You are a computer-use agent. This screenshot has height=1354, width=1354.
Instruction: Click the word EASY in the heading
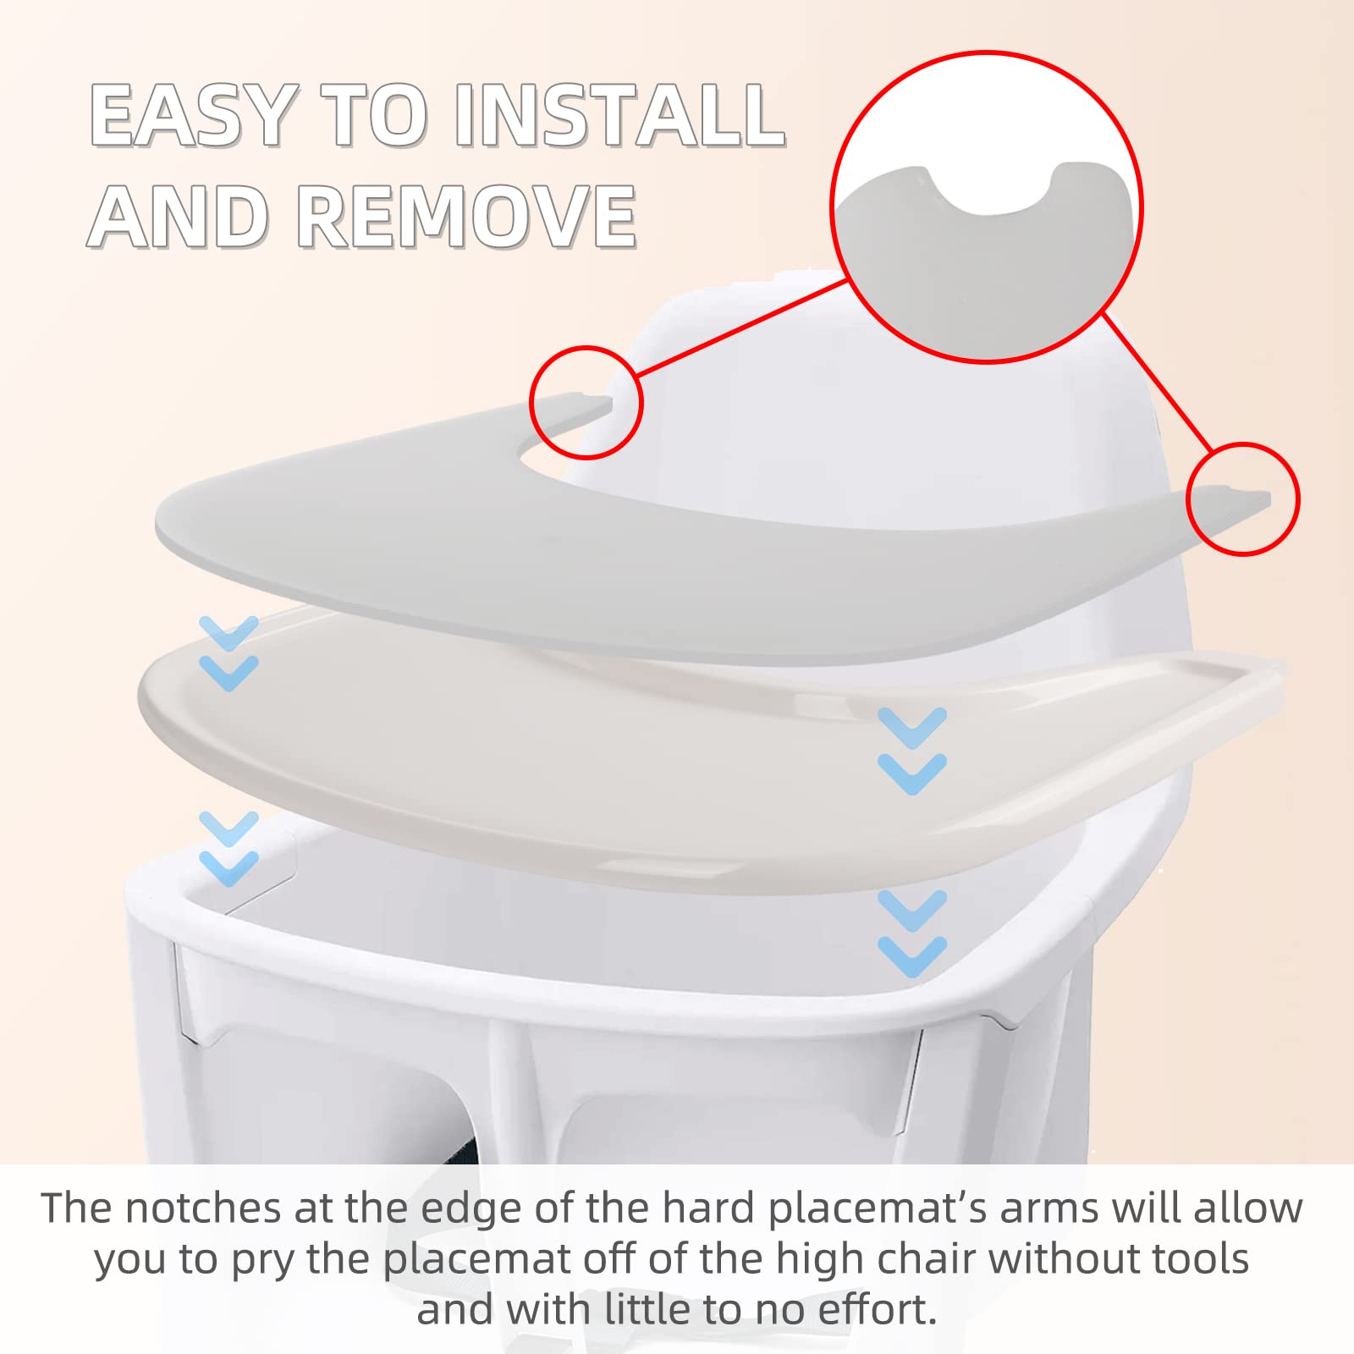pyautogui.click(x=194, y=115)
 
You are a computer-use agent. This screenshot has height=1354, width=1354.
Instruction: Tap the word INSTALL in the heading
pyautogui.click(x=620, y=115)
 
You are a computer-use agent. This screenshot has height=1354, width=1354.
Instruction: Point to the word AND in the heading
pyautogui.click(x=179, y=217)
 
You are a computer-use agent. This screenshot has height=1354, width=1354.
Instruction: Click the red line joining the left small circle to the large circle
pyautogui.click(x=741, y=327)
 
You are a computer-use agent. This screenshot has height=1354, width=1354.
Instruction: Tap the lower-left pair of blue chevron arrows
pyautogui.click(x=228, y=848)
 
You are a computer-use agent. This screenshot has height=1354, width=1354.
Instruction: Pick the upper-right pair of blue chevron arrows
pyautogui.click(x=912, y=751)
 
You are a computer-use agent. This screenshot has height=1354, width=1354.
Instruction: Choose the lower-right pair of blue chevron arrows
pyautogui.click(x=912, y=933)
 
